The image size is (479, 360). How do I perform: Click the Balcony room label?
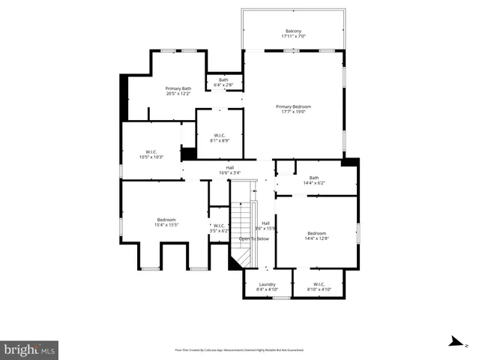(x=292, y=31)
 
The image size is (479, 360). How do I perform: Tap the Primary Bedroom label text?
(x=292, y=106)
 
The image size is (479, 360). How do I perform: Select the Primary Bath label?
(x=178, y=88)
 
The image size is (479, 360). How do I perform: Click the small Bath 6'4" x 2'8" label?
(x=223, y=82)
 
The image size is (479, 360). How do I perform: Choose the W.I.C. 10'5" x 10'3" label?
(x=151, y=154)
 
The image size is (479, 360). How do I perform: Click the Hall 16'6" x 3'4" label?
(x=229, y=170)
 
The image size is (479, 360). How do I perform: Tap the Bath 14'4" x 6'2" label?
(x=313, y=180)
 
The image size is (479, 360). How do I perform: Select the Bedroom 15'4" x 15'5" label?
(x=166, y=222)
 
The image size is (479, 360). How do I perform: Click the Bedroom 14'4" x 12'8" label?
(x=316, y=235)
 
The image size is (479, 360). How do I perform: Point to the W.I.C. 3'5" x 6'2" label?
(x=219, y=228)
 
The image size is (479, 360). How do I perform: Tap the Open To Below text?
(x=253, y=238)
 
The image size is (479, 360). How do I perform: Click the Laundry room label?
(x=268, y=286)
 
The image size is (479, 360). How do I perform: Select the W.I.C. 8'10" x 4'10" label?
(x=319, y=286)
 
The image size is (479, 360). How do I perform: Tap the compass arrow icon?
(x=455, y=342)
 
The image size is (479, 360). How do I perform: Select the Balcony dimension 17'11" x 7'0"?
(x=292, y=36)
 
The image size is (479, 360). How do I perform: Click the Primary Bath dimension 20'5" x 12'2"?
(x=178, y=94)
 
